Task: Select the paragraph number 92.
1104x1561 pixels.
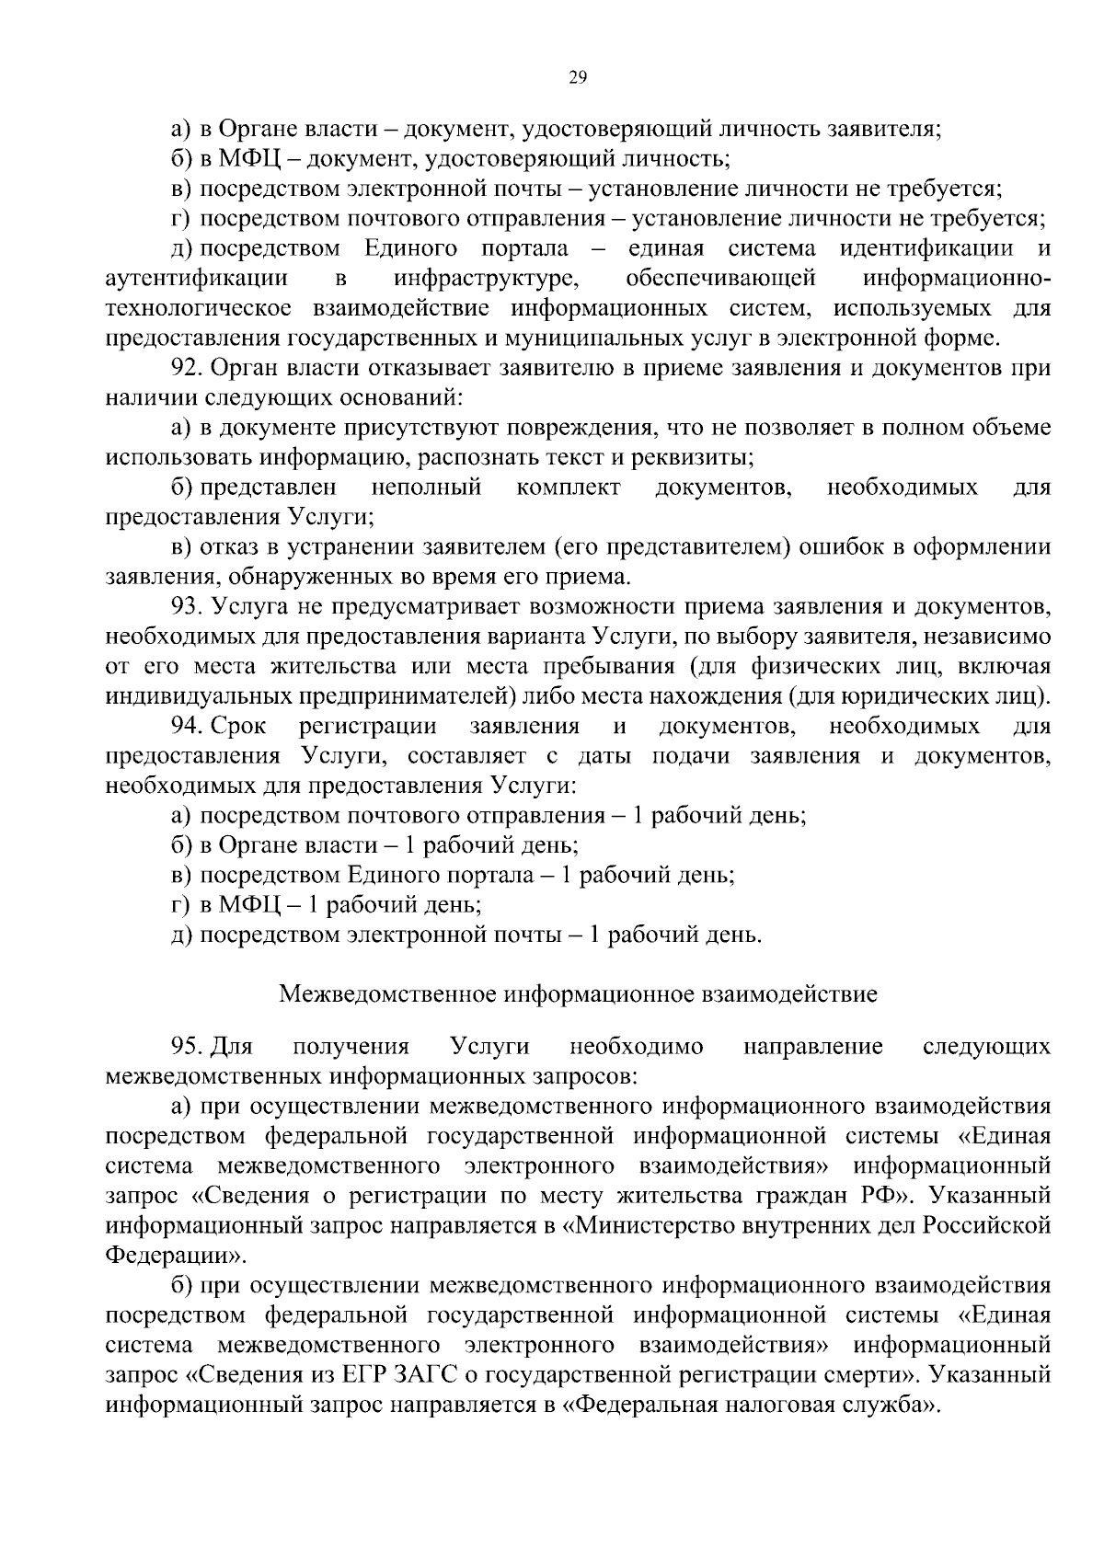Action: click(187, 369)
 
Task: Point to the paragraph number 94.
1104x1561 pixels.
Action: click(187, 727)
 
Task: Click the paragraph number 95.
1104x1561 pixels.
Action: click(187, 1046)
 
